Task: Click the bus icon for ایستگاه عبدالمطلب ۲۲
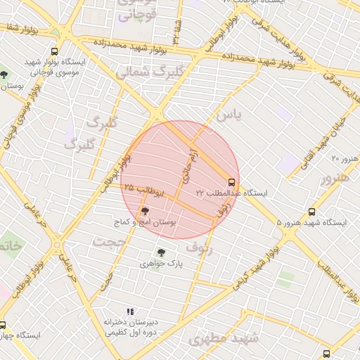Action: coord(232,181)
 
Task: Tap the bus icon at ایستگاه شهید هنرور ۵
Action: coord(311,211)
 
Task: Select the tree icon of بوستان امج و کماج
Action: coord(146,210)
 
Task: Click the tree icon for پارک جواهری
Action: coord(162,252)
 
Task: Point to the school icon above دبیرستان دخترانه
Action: coord(130,311)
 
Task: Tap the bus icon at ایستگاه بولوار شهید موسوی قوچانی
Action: coord(55,51)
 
